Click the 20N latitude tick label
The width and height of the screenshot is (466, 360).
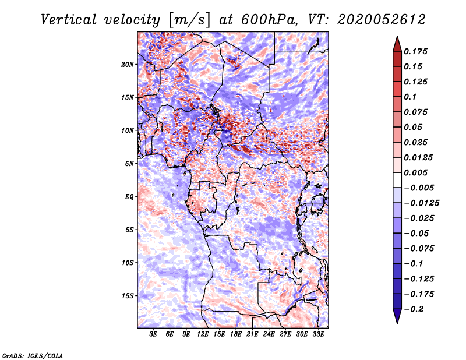[127, 64]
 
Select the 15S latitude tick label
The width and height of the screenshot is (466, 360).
[127, 296]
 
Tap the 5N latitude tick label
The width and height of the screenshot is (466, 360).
[129, 164]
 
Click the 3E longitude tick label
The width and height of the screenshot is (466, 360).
[154, 334]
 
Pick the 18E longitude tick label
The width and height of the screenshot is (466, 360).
[236, 334]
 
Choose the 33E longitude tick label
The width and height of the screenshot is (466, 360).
[318, 334]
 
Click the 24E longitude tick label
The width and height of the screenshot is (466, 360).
[269, 334]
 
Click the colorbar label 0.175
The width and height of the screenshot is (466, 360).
[417, 51]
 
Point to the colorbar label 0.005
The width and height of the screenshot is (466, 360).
[417, 172]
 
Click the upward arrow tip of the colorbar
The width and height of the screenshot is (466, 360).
[396, 38]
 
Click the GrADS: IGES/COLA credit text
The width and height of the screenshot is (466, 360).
[32, 355]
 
